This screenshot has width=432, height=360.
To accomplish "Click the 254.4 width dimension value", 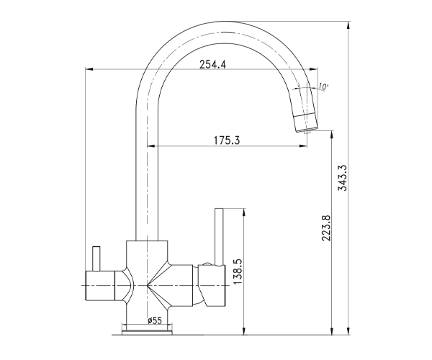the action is tap(212, 65).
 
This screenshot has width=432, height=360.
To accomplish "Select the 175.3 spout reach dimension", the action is tap(227, 140).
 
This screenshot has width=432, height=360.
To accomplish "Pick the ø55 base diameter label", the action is tap(155, 320).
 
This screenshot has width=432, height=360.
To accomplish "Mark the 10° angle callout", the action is tap(323, 86).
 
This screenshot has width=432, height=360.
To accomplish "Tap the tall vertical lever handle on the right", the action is tap(219, 237).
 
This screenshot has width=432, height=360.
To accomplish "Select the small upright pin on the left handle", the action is tap(96, 258).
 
